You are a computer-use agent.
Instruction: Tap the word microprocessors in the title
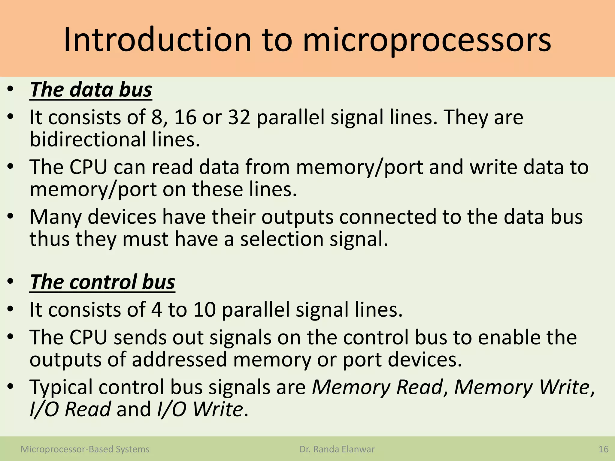(427, 41)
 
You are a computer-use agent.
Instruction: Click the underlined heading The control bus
(102, 282)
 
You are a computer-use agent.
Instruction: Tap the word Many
(56, 217)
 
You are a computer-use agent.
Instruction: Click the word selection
(282, 239)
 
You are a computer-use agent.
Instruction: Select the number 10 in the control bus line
(204, 310)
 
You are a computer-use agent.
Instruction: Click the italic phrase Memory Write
(523, 387)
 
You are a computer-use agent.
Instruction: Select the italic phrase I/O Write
(200, 409)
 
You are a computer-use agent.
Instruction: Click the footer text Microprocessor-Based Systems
(85, 449)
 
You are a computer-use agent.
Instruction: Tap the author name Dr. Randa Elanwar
(337, 449)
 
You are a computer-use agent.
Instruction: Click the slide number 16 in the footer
(603, 449)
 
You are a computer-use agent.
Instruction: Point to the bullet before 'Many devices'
(11, 216)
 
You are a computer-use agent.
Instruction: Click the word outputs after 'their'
(297, 217)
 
